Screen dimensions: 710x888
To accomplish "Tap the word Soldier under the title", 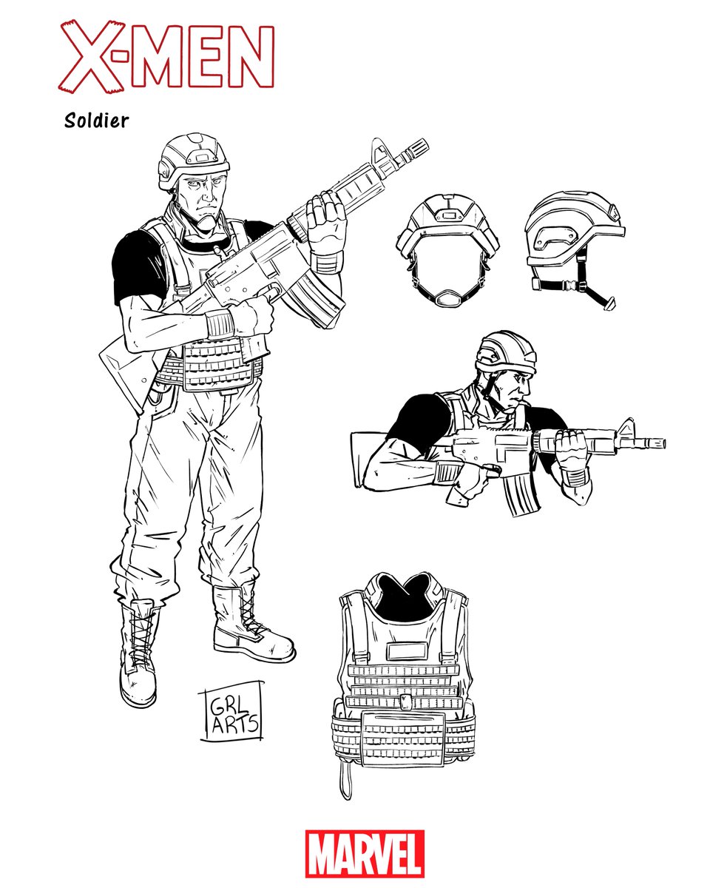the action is (97, 121).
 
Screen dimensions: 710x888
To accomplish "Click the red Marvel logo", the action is (365, 853).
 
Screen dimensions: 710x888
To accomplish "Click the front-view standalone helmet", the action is (447, 249).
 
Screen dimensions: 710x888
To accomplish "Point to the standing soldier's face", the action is (203, 196).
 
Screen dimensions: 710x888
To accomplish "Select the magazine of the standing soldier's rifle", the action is (317, 297).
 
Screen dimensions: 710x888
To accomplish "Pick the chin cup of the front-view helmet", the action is (447, 298).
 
